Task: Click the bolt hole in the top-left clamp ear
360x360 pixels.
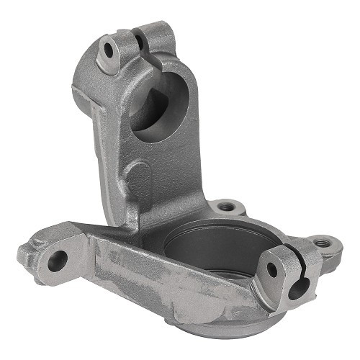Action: click(x=109, y=50)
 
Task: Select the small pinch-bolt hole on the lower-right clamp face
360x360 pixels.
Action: click(x=271, y=270)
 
